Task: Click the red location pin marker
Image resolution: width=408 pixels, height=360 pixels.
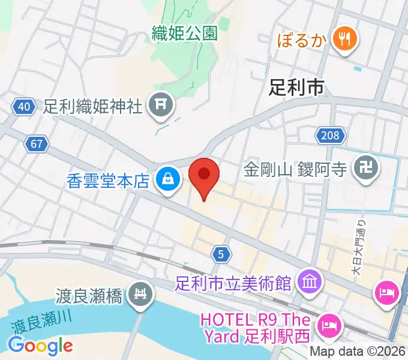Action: [204, 175]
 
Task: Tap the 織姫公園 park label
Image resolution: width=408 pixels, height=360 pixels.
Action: [185, 34]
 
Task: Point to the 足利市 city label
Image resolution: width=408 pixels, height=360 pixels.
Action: [296, 88]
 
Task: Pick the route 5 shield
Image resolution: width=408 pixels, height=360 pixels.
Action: [221, 255]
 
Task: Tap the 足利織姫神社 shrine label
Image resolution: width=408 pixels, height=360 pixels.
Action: [93, 107]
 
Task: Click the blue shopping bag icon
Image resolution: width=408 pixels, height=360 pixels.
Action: [167, 179]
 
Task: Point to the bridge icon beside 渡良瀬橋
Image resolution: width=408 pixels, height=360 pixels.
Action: [142, 295]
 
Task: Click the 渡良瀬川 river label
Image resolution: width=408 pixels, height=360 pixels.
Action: [40, 325]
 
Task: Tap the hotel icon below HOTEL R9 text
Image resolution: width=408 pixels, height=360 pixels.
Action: [329, 325]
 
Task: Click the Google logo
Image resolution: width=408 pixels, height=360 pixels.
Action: [40, 345]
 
